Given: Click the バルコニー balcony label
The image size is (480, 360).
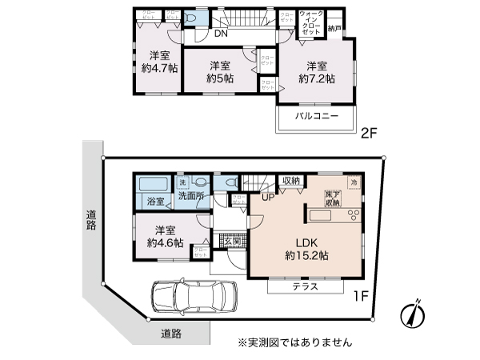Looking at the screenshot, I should pyautogui.click(x=316, y=117).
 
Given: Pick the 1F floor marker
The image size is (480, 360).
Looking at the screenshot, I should pyautogui.click(x=359, y=295).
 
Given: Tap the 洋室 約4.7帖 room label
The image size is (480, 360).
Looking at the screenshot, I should pyautogui.click(x=158, y=62).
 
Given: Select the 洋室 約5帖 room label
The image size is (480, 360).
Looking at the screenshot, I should pyautogui.click(x=220, y=72).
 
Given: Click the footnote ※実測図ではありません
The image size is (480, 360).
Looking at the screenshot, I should pyautogui.click(x=294, y=342).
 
